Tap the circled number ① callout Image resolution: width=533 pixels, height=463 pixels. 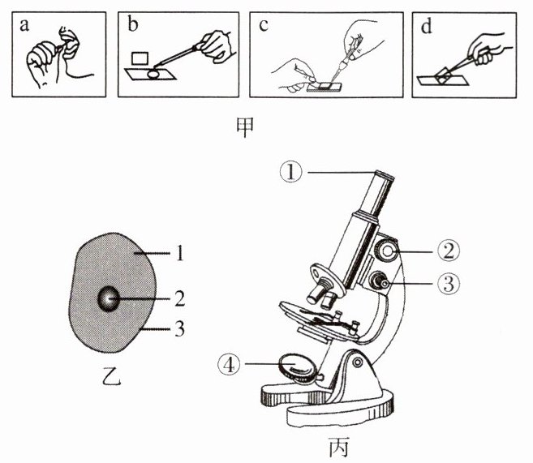coord(288,171)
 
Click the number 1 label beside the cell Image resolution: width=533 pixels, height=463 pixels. coord(182,255)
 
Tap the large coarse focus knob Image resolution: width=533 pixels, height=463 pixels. coord(389,252)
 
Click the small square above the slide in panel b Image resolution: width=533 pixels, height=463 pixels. coord(143,58)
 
